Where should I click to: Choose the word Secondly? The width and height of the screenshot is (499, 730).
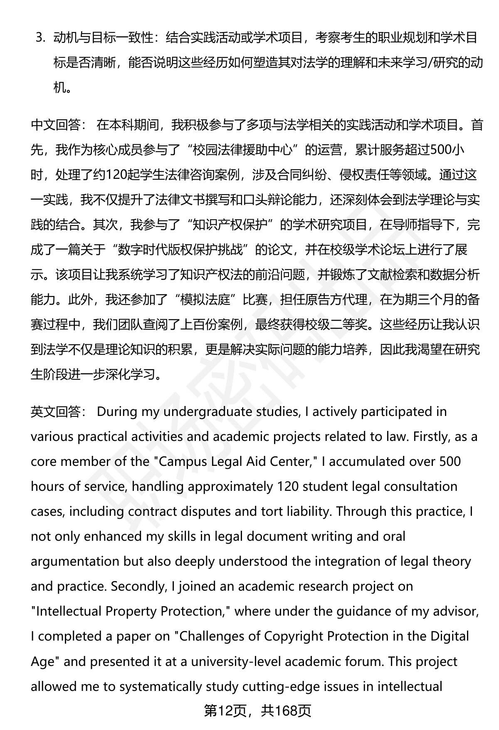[x=139, y=586]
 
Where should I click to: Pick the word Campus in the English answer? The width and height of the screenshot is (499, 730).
[x=184, y=462]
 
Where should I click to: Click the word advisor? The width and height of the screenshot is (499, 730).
[x=455, y=611]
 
